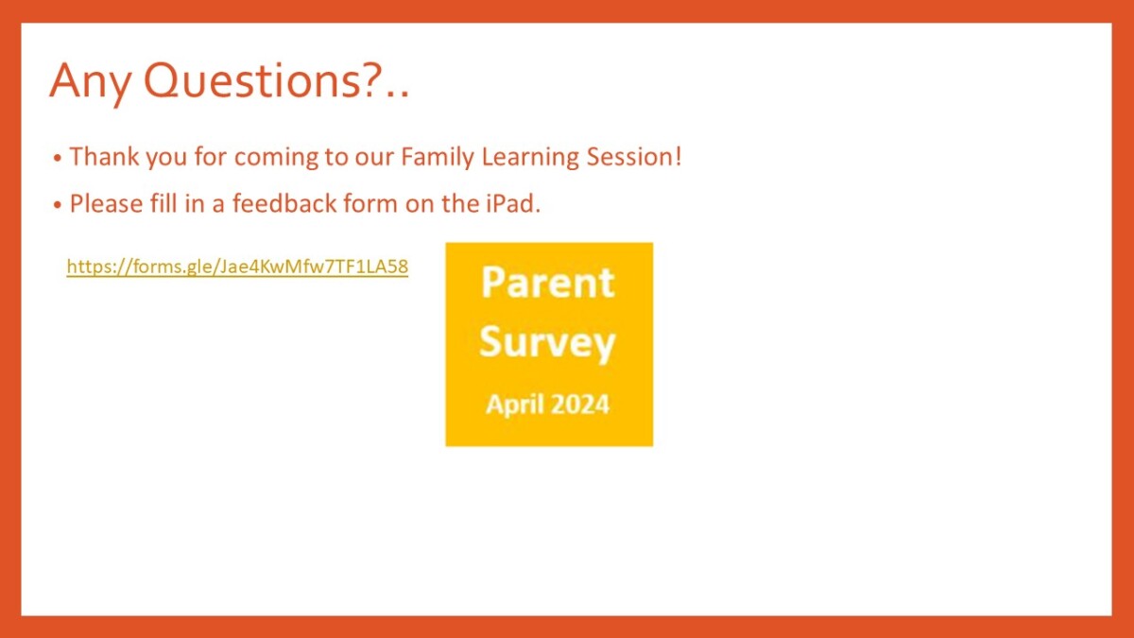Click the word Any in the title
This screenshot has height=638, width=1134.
tap(90, 83)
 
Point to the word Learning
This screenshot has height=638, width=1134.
tap(530, 157)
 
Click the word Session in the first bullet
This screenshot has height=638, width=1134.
tap(629, 156)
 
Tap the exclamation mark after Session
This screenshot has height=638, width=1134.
tap(679, 156)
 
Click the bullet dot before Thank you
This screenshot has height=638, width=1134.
tap(58, 158)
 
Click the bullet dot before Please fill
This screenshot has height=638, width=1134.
tap(58, 205)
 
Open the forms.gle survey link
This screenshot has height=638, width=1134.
tap(237, 267)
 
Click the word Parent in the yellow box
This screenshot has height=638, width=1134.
tap(548, 283)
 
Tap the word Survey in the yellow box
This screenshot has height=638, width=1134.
tap(547, 344)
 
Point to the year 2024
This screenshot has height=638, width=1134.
tap(579, 405)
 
